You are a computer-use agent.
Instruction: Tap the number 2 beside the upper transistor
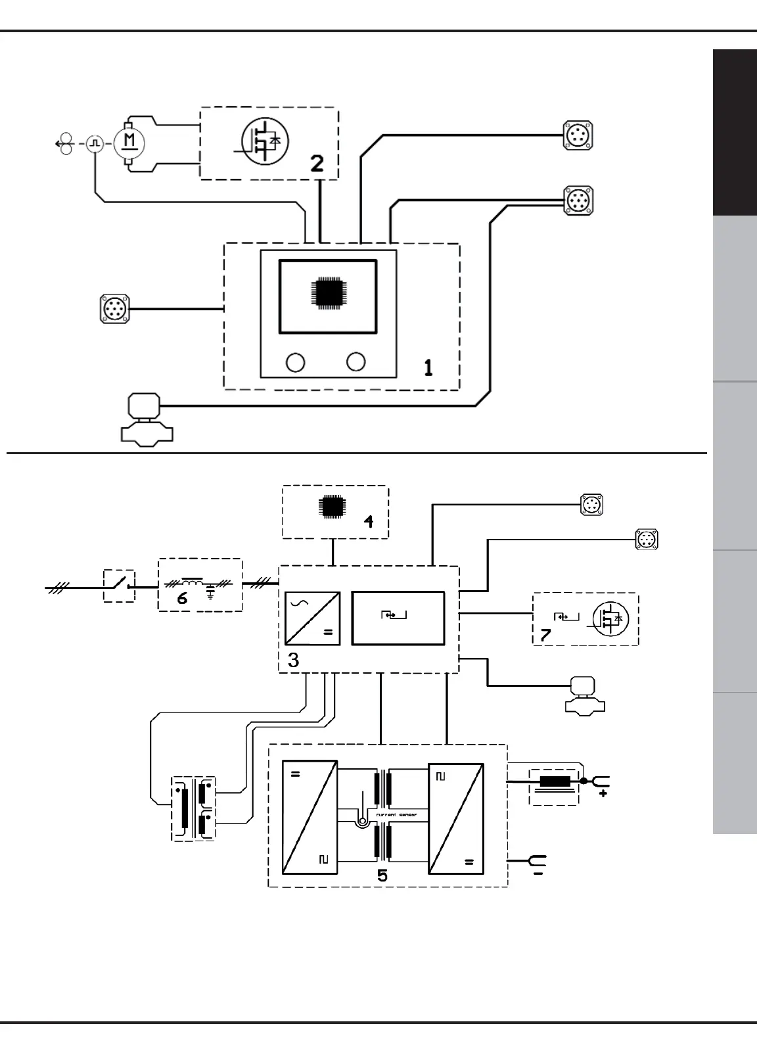(x=317, y=163)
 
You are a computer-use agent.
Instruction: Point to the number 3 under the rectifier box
(x=294, y=660)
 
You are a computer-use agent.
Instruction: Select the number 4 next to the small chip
(x=369, y=521)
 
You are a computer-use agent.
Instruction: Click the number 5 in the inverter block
(x=382, y=875)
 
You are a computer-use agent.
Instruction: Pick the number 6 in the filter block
(x=182, y=598)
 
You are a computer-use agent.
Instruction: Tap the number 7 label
(x=545, y=634)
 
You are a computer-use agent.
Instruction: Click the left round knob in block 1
(x=296, y=362)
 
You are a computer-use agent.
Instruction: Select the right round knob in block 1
(x=356, y=361)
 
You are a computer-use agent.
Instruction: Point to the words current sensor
(x=396, y=815)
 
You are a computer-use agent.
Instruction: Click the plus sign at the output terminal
(x=603, y=795)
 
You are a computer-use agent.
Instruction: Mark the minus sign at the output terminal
(x=538, y=875)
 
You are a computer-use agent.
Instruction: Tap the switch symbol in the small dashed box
(x=120, y=585)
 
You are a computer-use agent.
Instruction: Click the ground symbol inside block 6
(x=211, y=594)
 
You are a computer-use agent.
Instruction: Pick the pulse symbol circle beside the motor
(x=96, y=142)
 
